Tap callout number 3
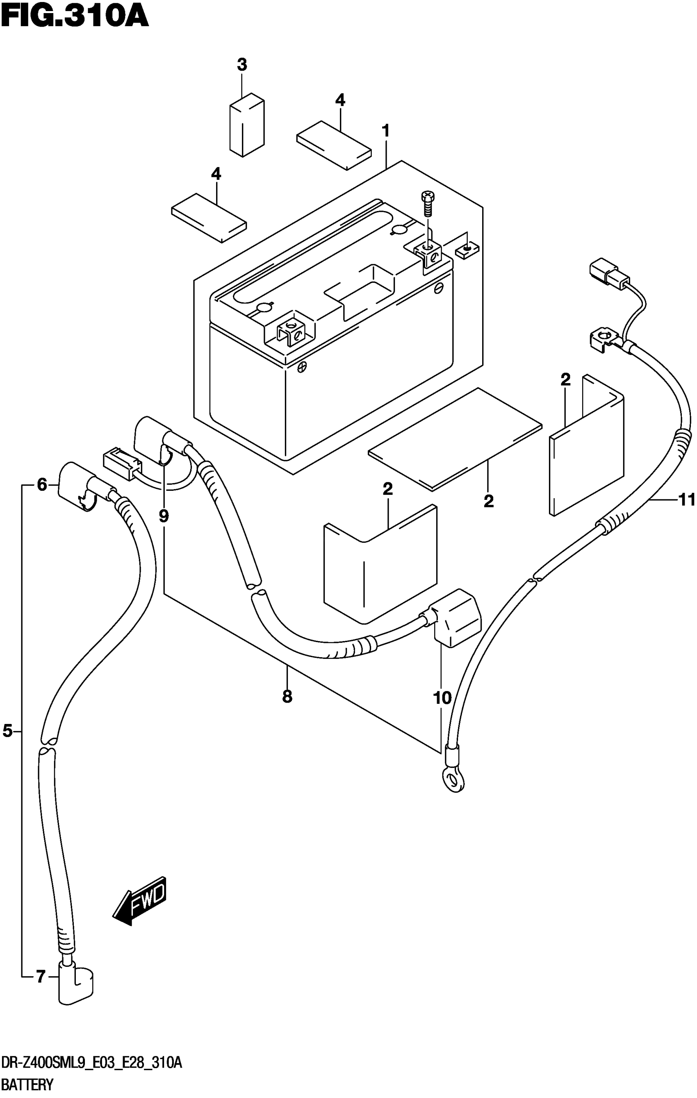click(x=242, y=65)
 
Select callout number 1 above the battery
click(x=386, y=132)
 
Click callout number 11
click(x=686, y=500)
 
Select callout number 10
click(x=442, y=698)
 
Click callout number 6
click(x=42, y=485)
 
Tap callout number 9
click(x=164, y=516)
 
